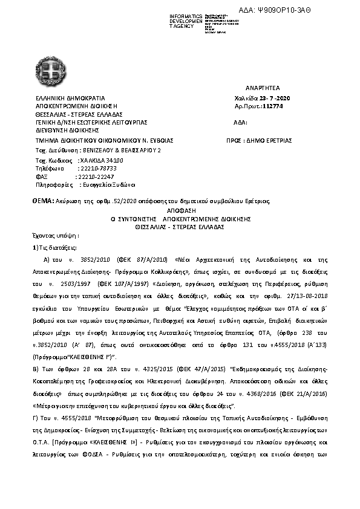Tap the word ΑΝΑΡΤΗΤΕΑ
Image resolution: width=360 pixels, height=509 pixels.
263,88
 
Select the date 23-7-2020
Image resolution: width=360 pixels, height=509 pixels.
277,97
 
